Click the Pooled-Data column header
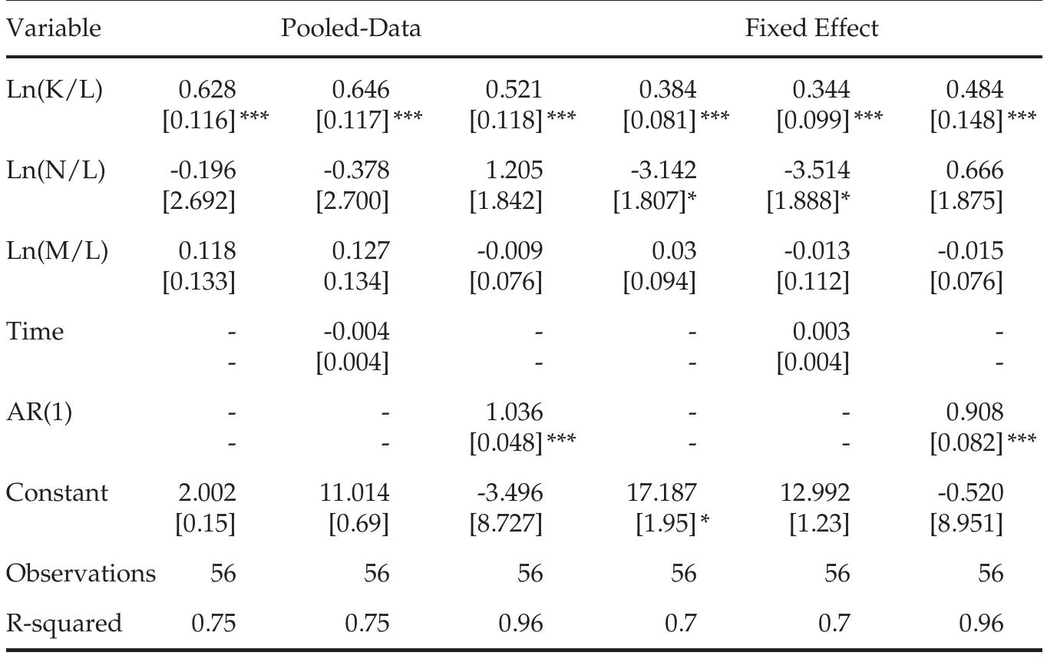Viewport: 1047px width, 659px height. pos(351,29)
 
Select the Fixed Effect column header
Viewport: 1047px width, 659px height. pos(811,29)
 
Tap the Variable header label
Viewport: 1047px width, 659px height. pos(53,29)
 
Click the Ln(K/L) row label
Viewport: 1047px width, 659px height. pos(54,91)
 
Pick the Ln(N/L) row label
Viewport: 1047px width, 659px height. pos(55,171)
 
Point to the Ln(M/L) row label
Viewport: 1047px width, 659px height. pos(57,251)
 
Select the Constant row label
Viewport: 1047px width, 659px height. pos(57,492)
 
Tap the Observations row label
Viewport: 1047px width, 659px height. pos(80,573)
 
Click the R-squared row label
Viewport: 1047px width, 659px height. pos(64,623)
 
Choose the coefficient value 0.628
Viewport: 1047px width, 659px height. pos(207,91)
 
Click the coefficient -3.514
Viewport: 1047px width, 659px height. pos(821,171)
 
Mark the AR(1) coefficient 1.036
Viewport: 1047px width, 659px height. pos(514,412)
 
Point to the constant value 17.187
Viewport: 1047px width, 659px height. pos(667,492)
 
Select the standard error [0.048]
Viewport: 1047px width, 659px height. pos(506,442)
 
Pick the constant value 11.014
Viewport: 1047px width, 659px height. pos(360,492)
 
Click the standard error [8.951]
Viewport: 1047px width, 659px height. pos(966,523)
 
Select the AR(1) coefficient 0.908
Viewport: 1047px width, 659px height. pos(975,412)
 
